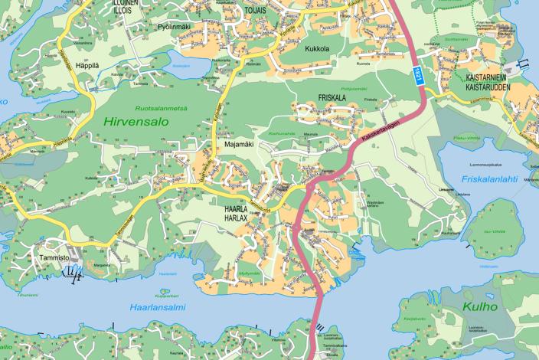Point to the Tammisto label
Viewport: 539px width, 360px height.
pos(57,259)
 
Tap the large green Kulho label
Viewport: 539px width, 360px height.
pos(480,306)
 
